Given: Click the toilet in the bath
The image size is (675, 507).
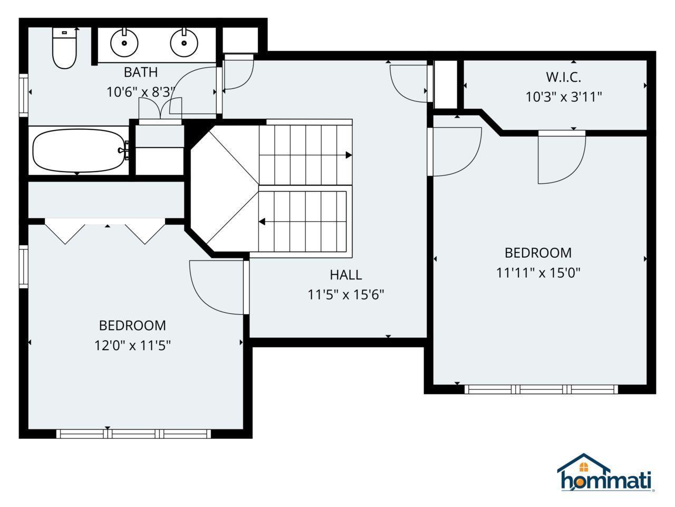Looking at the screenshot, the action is tap(64, 48).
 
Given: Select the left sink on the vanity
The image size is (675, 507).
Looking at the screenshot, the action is tap(124, 42).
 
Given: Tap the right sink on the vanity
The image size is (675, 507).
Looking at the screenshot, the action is tap(184, 42).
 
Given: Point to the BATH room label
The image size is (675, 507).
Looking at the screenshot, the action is tap(141, 72).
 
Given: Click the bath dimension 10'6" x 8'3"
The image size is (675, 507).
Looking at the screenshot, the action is tap(141, 92).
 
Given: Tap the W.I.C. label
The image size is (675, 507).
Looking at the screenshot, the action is tap(563, 77).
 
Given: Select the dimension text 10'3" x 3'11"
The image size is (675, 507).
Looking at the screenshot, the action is tap(563, 97).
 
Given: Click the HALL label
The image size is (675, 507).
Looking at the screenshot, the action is tap(345, 275).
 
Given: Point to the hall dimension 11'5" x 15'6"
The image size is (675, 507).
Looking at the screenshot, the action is tap(346, 295).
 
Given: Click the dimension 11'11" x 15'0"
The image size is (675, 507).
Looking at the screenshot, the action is tap(538, 273).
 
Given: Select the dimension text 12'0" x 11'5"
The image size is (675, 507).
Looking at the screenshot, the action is tap(132, 345).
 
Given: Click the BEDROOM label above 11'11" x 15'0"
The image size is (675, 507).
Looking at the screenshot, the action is tap(538, 253).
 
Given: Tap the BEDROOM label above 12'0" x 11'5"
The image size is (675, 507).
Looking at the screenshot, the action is tap(132, 326).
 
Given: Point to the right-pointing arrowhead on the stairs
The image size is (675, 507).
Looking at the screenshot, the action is tap(349, 155).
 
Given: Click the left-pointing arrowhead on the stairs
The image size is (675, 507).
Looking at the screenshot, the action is tap(262, 222).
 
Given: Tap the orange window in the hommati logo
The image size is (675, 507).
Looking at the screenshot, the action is tap(583, 467).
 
